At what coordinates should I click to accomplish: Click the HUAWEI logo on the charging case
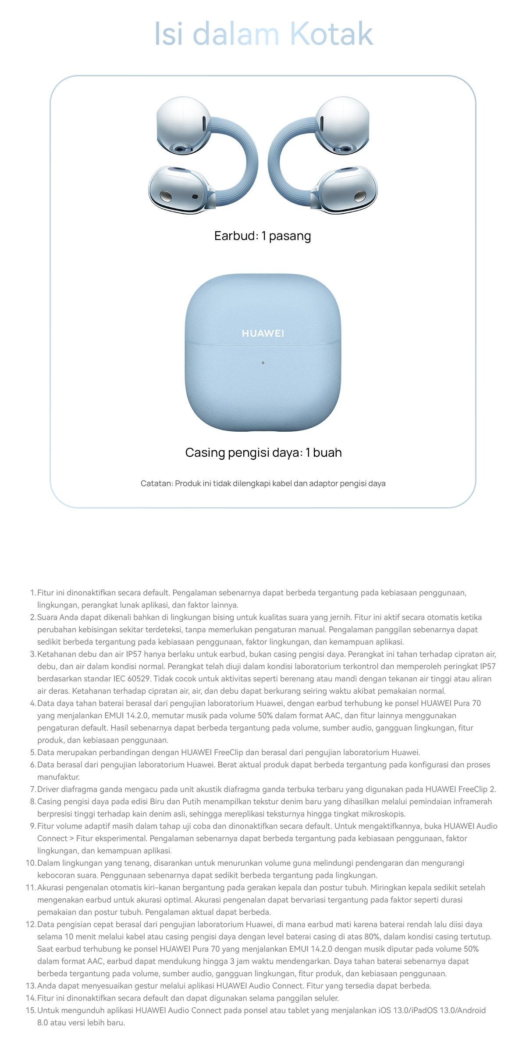tap(263, 333)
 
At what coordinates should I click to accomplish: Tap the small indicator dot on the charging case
tap(263, 363)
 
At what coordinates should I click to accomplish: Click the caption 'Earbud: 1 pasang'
tap(263, 236)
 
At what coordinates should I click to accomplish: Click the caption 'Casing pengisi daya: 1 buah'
tap(263, 452)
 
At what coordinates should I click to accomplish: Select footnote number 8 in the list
tap(32, 802)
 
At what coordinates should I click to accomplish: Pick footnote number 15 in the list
tap(30, 1010)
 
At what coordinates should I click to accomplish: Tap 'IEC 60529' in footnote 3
tap(131, 679)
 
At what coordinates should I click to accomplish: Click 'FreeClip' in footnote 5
tap(227, 752)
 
